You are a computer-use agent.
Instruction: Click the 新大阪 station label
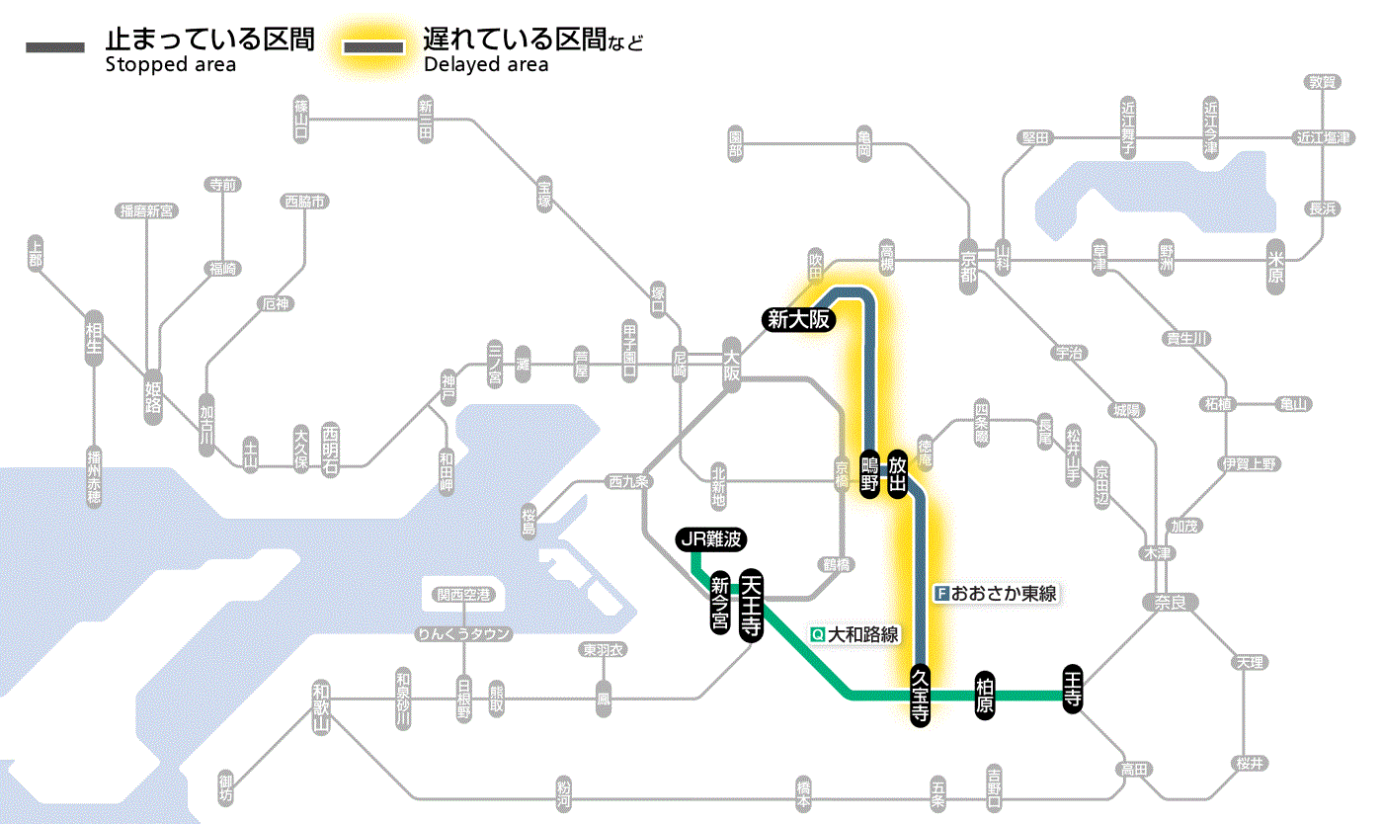coord(800,319)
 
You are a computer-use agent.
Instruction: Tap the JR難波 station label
coord(710,539)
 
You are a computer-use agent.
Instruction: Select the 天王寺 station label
coord(751,605)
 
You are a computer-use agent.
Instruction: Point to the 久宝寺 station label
coord(919,696)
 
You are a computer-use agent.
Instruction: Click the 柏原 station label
coord(984,696)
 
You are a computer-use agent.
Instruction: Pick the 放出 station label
coord(897,474)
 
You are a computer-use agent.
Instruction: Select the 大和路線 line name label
coord(862,634)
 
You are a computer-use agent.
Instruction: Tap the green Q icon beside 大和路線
coord(817,634)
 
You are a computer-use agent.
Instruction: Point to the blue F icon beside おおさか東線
coord(941,594)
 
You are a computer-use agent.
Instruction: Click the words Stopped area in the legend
coord(171,65)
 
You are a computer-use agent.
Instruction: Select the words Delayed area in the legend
coord(486,65)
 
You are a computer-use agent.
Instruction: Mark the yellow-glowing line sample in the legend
coord(373,47)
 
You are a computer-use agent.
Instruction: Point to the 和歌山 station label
coord(320,706)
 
